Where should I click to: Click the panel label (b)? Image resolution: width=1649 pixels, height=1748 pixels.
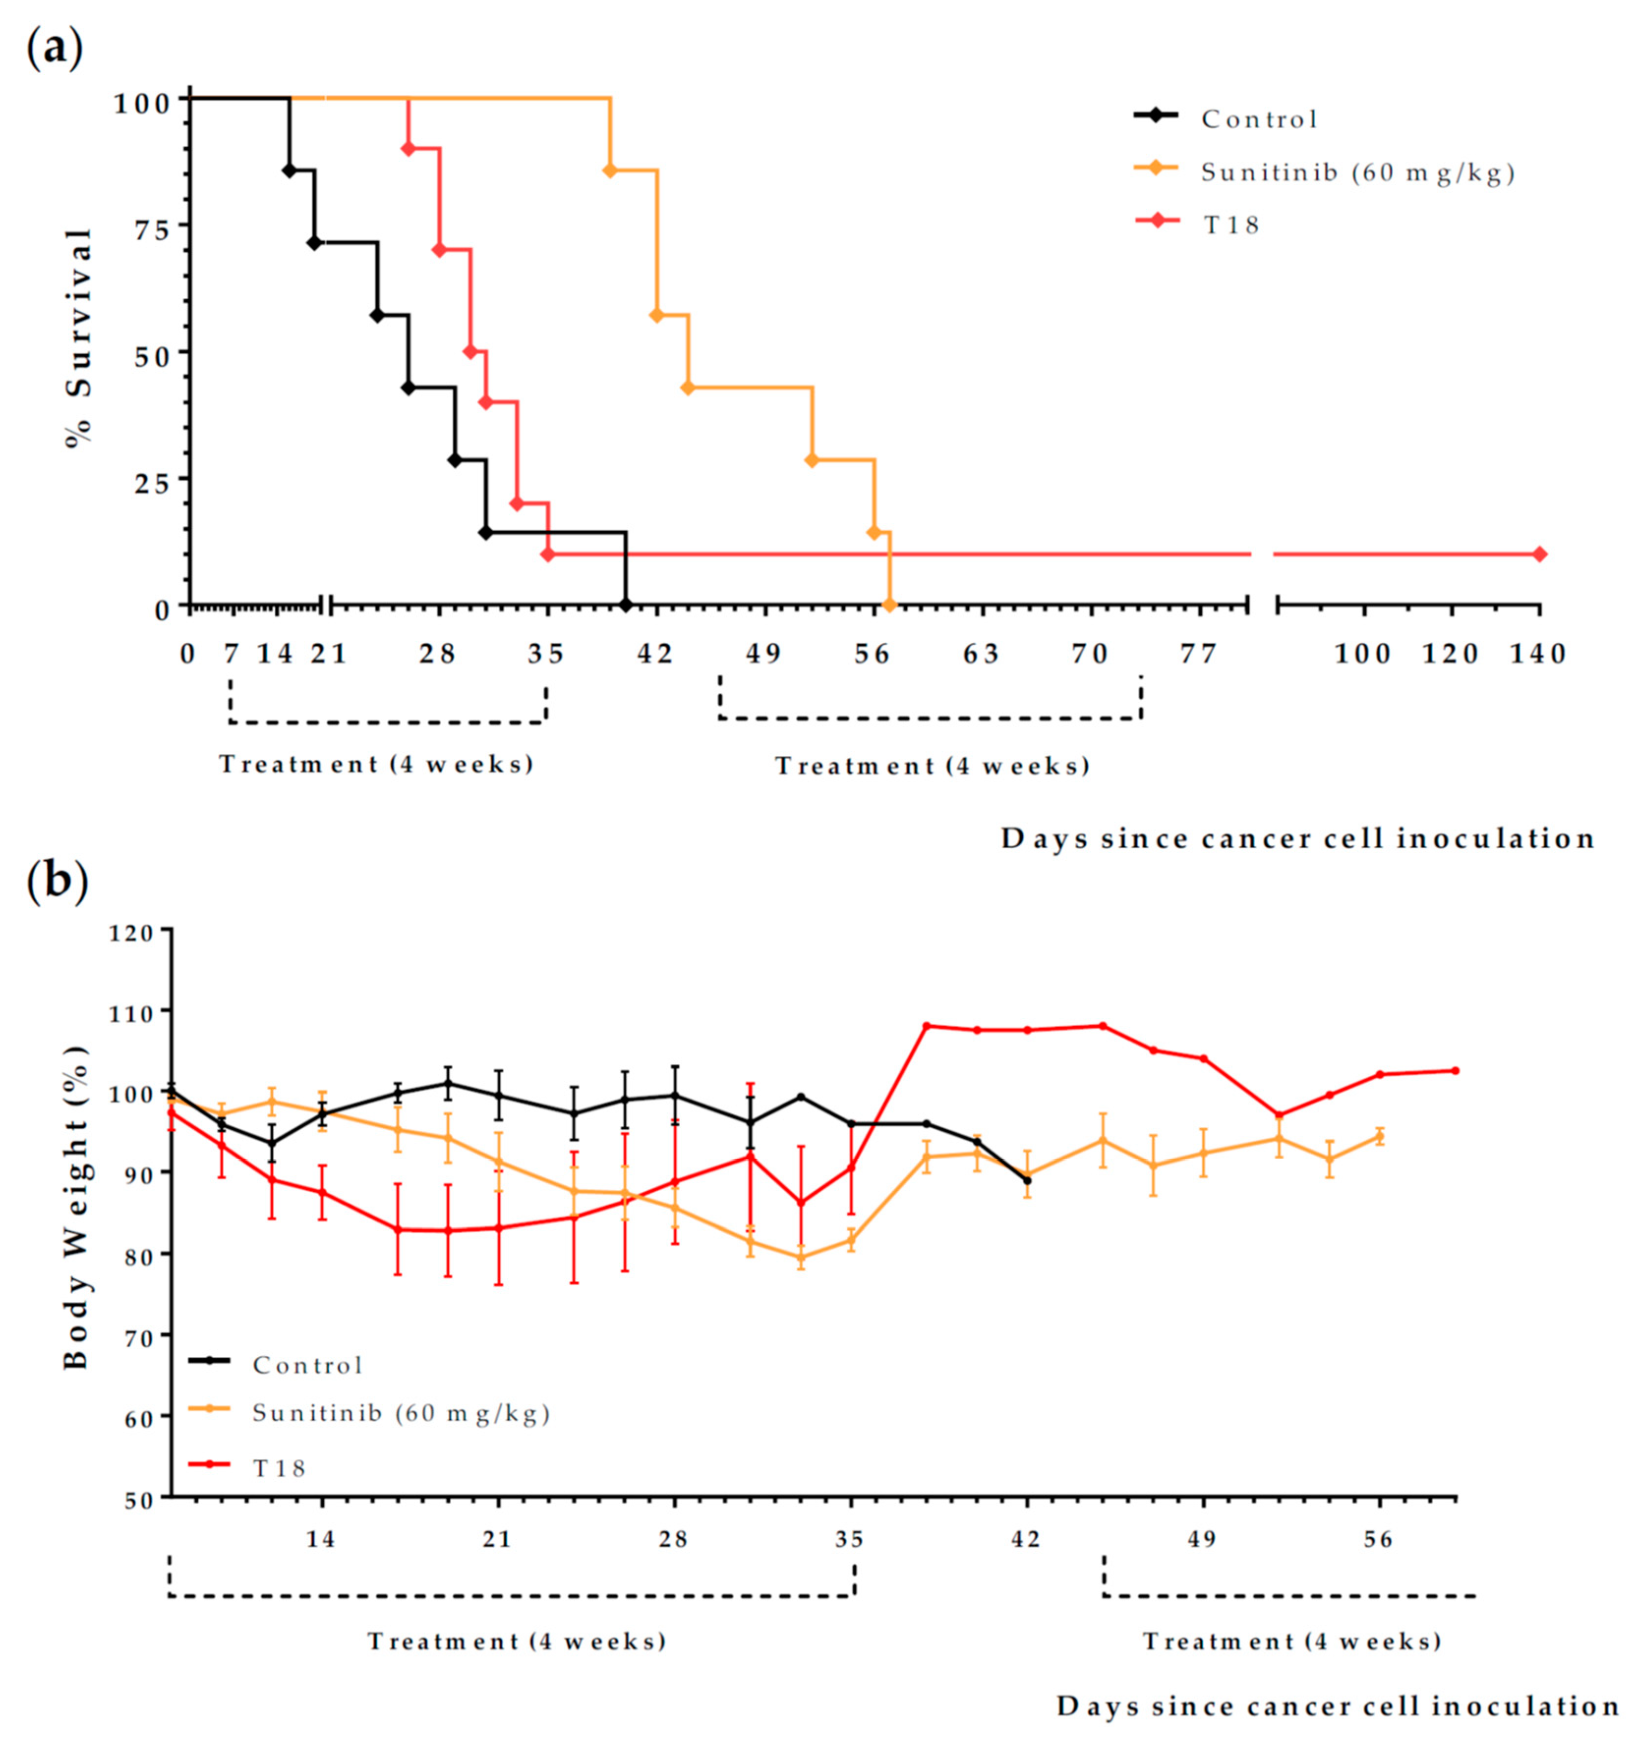(x=57, y=882)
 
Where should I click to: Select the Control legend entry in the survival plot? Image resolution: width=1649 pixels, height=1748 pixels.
(x=1259, y=119)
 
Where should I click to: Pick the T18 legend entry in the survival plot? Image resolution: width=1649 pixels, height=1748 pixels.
(x=1231, y=225)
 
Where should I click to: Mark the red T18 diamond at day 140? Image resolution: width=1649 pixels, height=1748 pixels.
(x=1539, y=554)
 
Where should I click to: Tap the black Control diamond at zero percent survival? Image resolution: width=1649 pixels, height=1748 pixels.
(x=625, y=605)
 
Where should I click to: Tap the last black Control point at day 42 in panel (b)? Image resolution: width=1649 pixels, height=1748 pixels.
(x=1026, y=1180)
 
